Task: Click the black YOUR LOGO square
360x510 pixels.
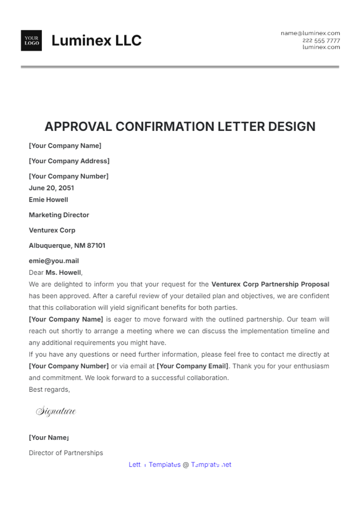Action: coord(31,40)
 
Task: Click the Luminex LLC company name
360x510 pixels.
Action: coord(96,40)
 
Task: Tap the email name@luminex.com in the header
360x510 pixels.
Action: coord(310,33)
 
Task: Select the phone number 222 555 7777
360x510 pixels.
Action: coord(321,40)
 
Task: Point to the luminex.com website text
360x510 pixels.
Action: coord(321,47)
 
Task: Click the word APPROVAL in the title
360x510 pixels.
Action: coord(78,127)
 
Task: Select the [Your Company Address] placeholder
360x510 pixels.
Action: coord(69,161)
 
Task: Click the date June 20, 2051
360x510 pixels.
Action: coord(51,188)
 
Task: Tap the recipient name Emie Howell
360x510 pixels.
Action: coord(48,200)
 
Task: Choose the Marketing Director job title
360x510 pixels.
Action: coord(59,215)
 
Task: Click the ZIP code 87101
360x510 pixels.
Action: coord(96,246)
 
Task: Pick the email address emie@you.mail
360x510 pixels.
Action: coord(54,261)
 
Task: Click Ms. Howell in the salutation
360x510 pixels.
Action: coord(63,273)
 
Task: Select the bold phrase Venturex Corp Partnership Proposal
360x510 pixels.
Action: coord(270,284)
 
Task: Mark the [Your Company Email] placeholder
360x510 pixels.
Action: coord(192,366)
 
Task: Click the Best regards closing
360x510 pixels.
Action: coord(49,389)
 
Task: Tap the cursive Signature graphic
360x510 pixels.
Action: coord(56,411)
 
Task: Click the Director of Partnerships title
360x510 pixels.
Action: coord(66,453)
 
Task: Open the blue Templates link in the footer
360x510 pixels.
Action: coord(165,465)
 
